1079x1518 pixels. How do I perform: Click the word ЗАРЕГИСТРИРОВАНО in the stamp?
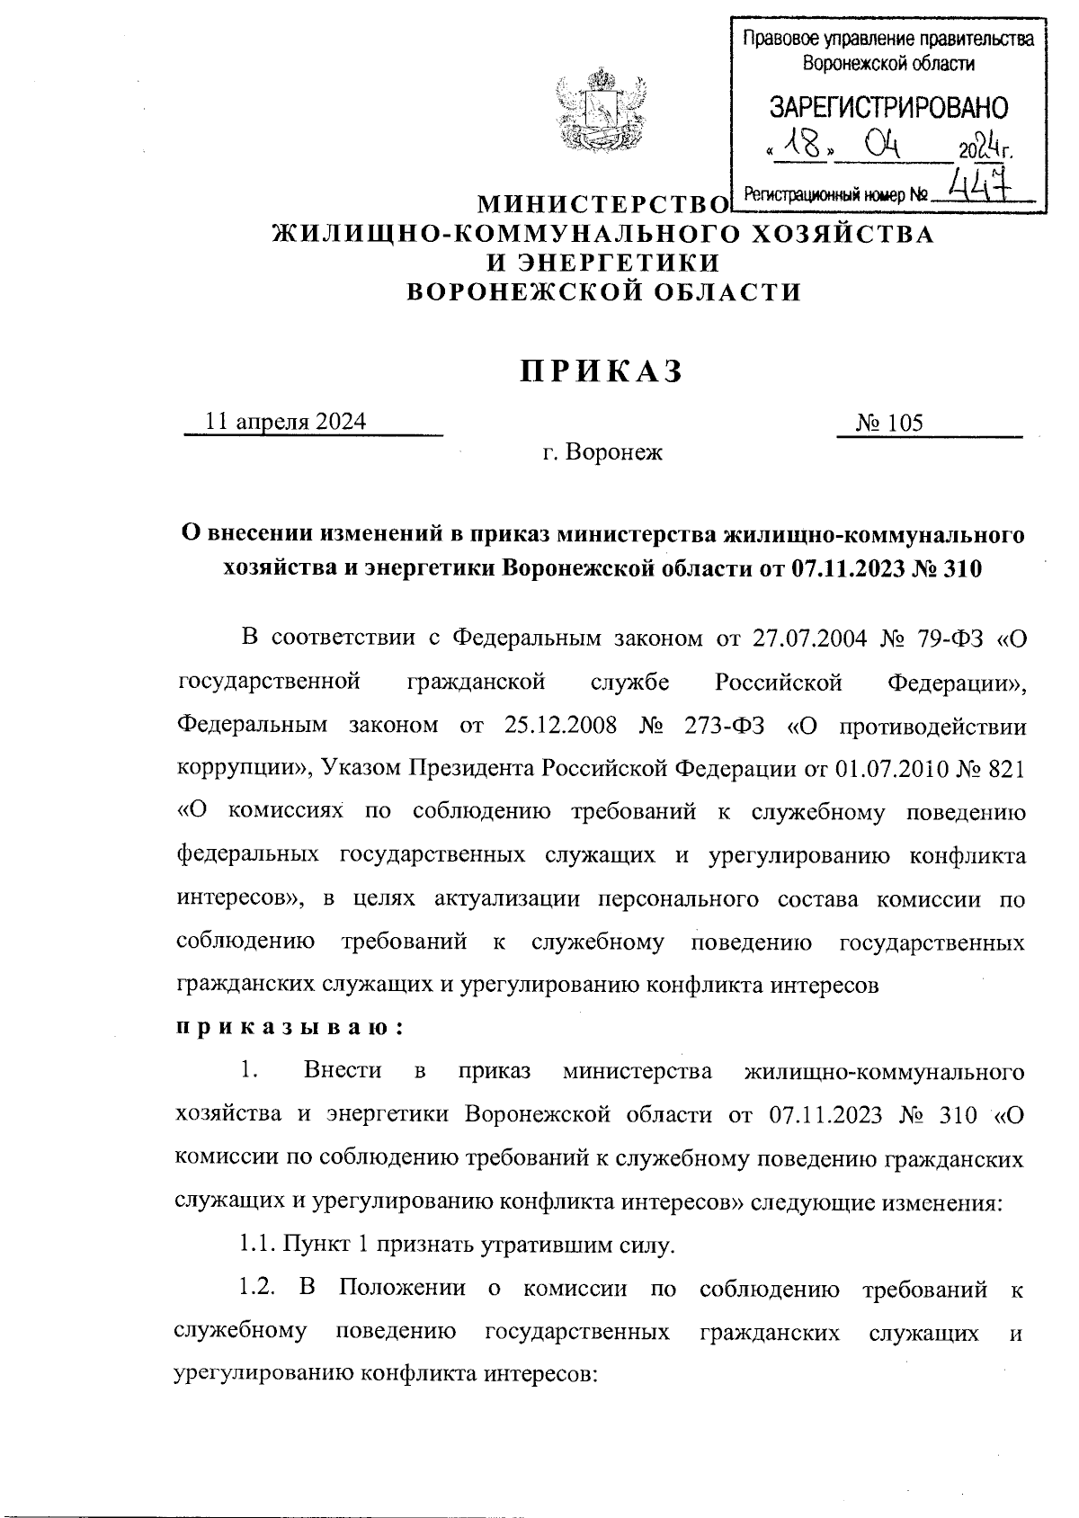(x=888, y=108)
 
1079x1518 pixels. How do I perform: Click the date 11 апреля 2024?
(x=287, y=422)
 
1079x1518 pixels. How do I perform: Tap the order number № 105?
(x=889, y=423)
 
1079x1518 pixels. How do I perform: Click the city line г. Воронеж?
(x=602, y=452)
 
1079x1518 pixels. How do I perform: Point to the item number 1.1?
(x=256, y=1246)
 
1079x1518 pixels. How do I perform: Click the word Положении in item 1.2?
(x=402, y=1289)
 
